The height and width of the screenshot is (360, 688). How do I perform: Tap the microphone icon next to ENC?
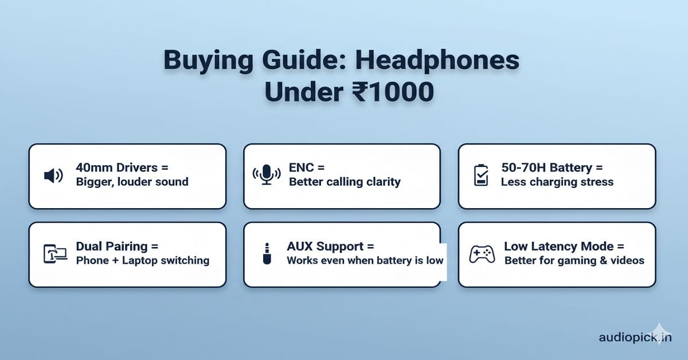[267, 175]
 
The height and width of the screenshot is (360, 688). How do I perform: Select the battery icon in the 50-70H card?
[480, 175]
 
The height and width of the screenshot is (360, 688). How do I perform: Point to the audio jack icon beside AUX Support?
[267, 253]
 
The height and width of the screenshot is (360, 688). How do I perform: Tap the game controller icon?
[482, 253]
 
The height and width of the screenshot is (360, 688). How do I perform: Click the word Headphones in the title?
[441, 61]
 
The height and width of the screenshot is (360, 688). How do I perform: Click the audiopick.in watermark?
[635, 338]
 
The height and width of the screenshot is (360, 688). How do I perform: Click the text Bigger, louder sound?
[132, 182]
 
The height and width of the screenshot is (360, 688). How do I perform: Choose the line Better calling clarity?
[345, 182]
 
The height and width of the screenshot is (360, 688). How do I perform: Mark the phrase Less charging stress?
[557, 182]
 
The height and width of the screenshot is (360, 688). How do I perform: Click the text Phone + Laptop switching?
[142, 260]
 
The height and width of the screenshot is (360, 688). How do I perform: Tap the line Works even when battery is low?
[365, 260]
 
